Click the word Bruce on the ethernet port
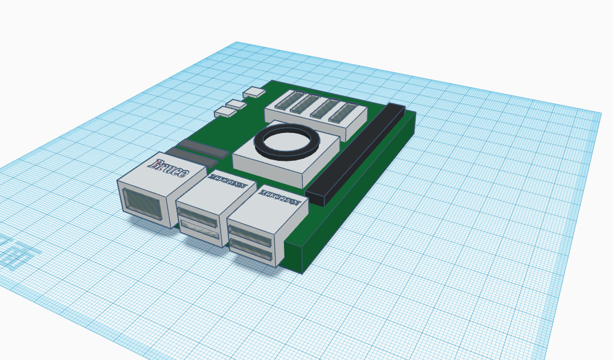(x=169, y=167)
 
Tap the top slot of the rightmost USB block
(x=251, y=233)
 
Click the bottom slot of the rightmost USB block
(x=250, y=249)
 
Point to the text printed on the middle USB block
(x=229, y=184)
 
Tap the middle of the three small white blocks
(x=236, y=104)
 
